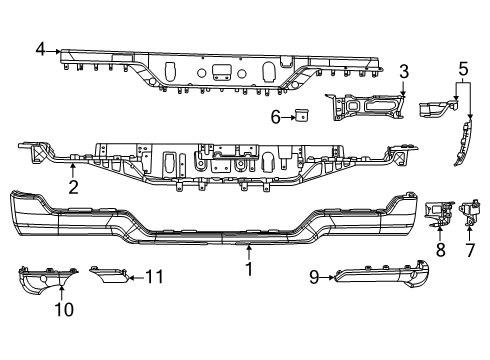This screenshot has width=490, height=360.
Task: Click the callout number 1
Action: click(x=249, y=268)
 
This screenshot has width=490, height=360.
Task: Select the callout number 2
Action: click(x=72, y=185)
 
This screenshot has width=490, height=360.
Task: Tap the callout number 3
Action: click(x=403, y=71)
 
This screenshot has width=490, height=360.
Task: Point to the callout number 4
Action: click(x=40, y=48)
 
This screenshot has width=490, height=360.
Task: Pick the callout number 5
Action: click(x=462, y=69)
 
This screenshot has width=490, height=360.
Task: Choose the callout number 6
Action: click(x=276, y=116)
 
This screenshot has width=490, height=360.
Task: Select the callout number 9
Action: click(x=314, y=278)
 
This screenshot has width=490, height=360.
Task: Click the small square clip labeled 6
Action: click(x=299, y=116)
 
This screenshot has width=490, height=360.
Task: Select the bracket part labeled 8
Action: click(x=436, y=212)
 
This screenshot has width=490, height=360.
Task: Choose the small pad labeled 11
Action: click(x=108, y=275)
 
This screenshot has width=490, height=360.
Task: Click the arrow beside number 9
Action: click(x=328, y=278)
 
